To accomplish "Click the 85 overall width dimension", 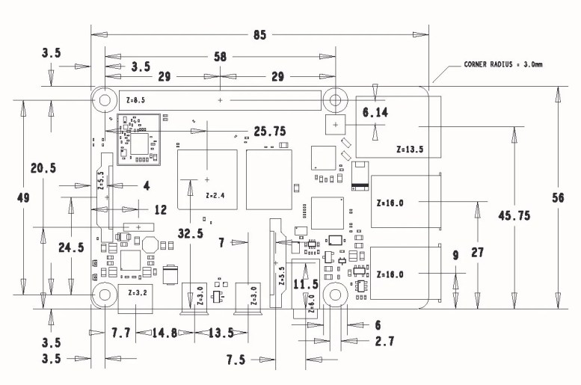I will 259,35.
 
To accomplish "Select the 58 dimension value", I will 220,56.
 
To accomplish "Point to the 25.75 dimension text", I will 270,131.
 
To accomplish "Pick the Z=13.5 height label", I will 410,150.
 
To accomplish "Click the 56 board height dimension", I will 557,197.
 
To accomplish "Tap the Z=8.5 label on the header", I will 135,99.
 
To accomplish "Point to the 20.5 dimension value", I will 43,169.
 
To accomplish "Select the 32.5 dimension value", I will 190,233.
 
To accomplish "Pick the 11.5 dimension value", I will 306,285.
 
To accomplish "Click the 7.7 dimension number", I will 121,332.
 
